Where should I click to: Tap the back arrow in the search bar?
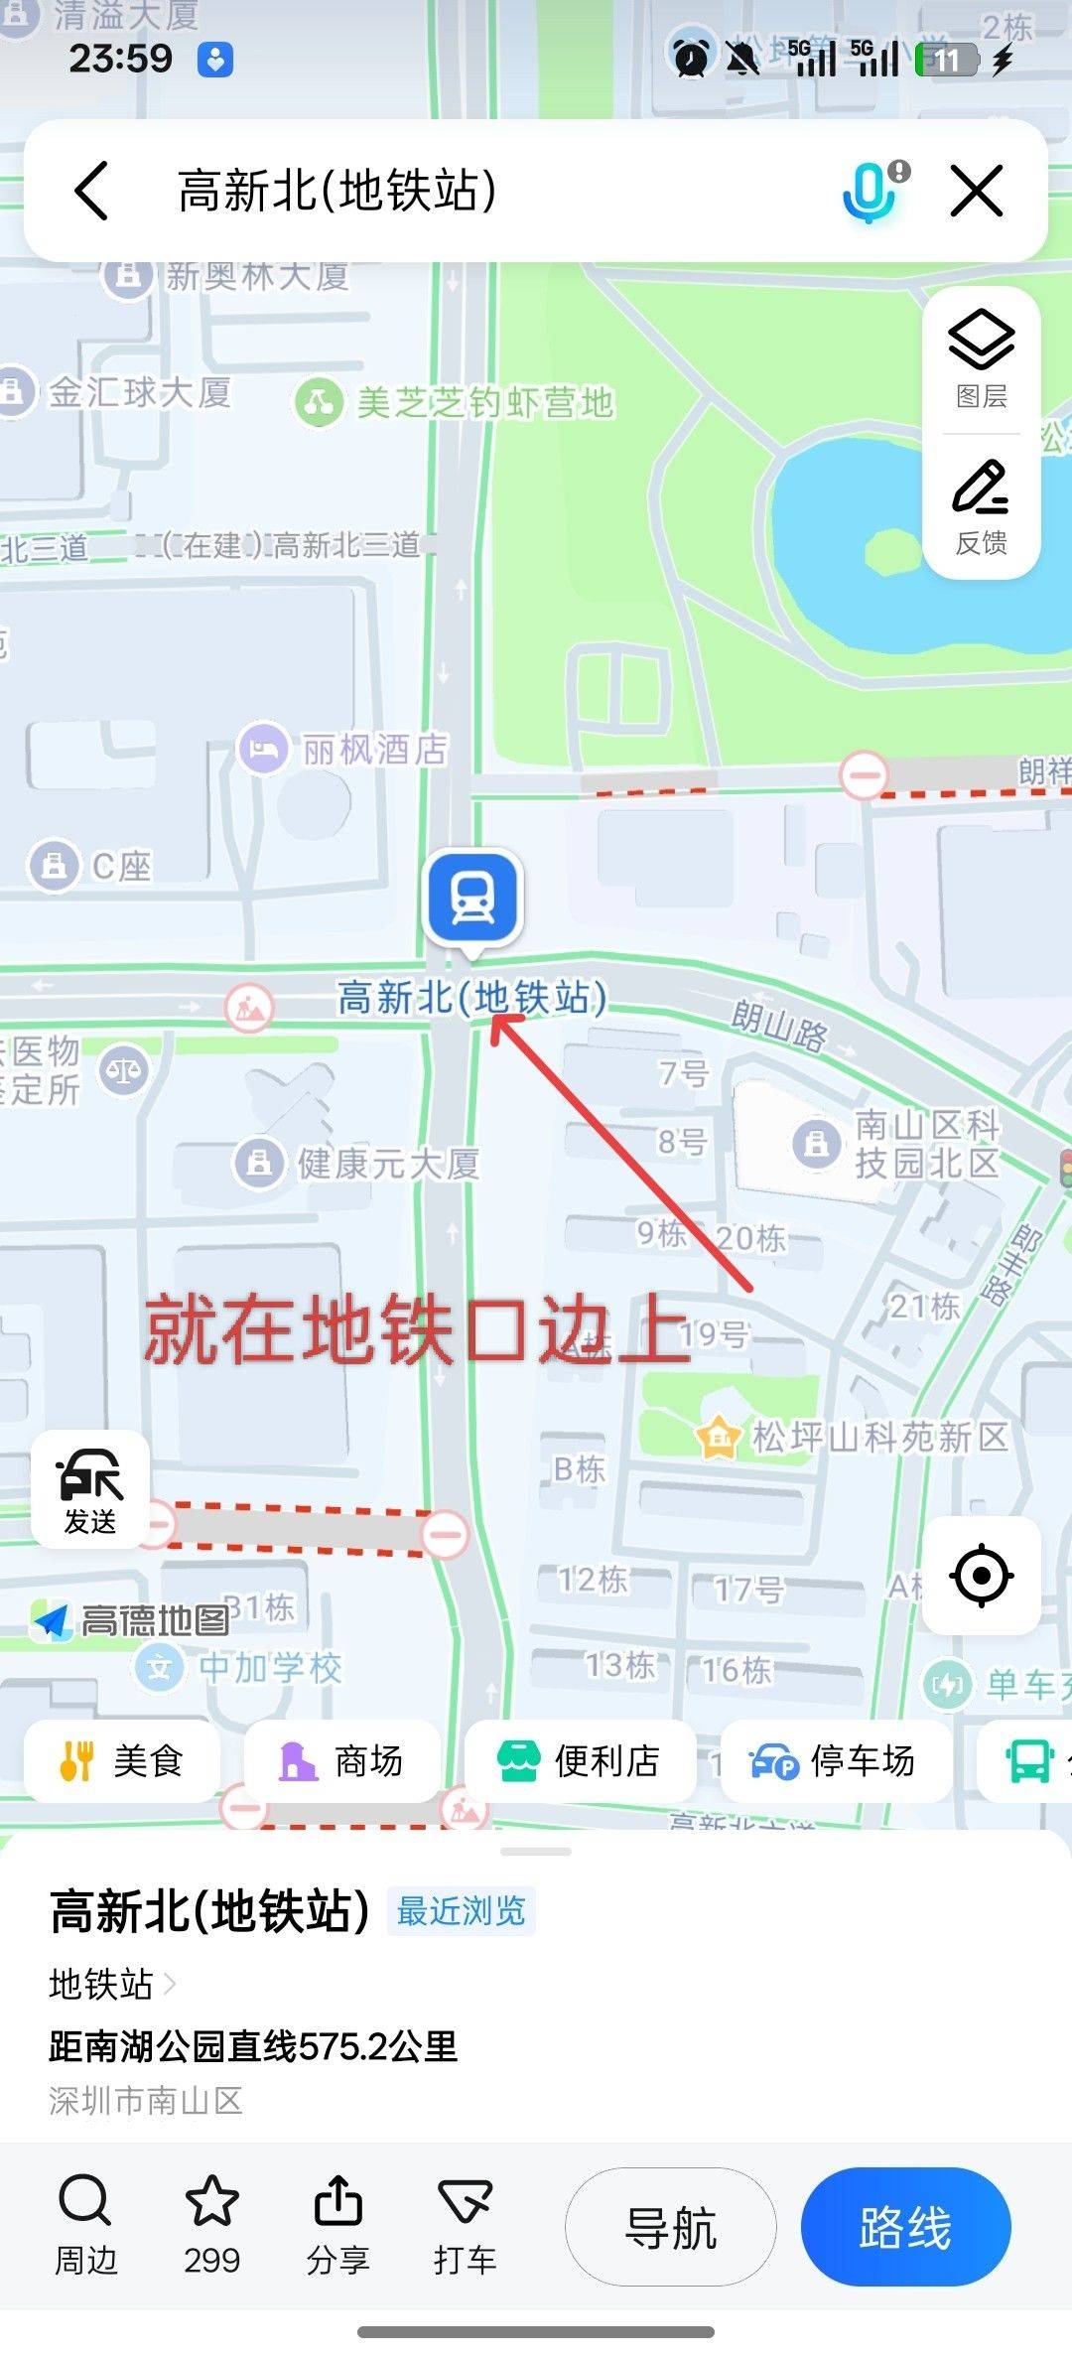click(92, 191)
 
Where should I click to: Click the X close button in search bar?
click(977, 191)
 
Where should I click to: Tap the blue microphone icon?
click(870, 191)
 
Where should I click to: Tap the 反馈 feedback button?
click(982, 506)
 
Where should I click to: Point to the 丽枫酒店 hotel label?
click(373, 750)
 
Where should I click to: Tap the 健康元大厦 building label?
click(387, 1163)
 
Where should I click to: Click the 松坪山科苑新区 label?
click(878, 1437)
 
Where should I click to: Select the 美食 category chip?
click(122, 1761)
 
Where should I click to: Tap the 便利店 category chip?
click(580, 1761)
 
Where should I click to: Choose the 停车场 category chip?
click(835, 1761)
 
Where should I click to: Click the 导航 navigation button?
click(671, 2228)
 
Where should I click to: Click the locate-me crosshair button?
click(981, 1575)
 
